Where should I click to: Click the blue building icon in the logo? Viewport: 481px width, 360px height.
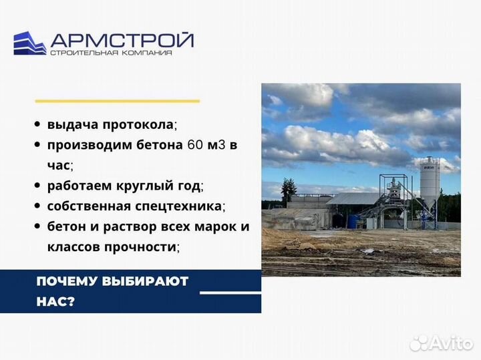tap(29, 43)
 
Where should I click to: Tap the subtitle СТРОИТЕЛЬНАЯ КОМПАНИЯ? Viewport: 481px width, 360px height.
tap(111, 53)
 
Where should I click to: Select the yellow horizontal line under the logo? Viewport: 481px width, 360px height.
tap(117, 101)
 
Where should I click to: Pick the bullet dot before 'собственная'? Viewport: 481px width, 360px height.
tap(38, 206)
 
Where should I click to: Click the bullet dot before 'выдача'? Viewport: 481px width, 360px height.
tap(38, 124)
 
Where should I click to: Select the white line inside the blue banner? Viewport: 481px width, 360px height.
tap(230, 293)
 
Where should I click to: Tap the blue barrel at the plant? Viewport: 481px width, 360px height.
tap(353, 219)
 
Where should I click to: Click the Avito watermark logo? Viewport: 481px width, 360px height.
tap(440, 342)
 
